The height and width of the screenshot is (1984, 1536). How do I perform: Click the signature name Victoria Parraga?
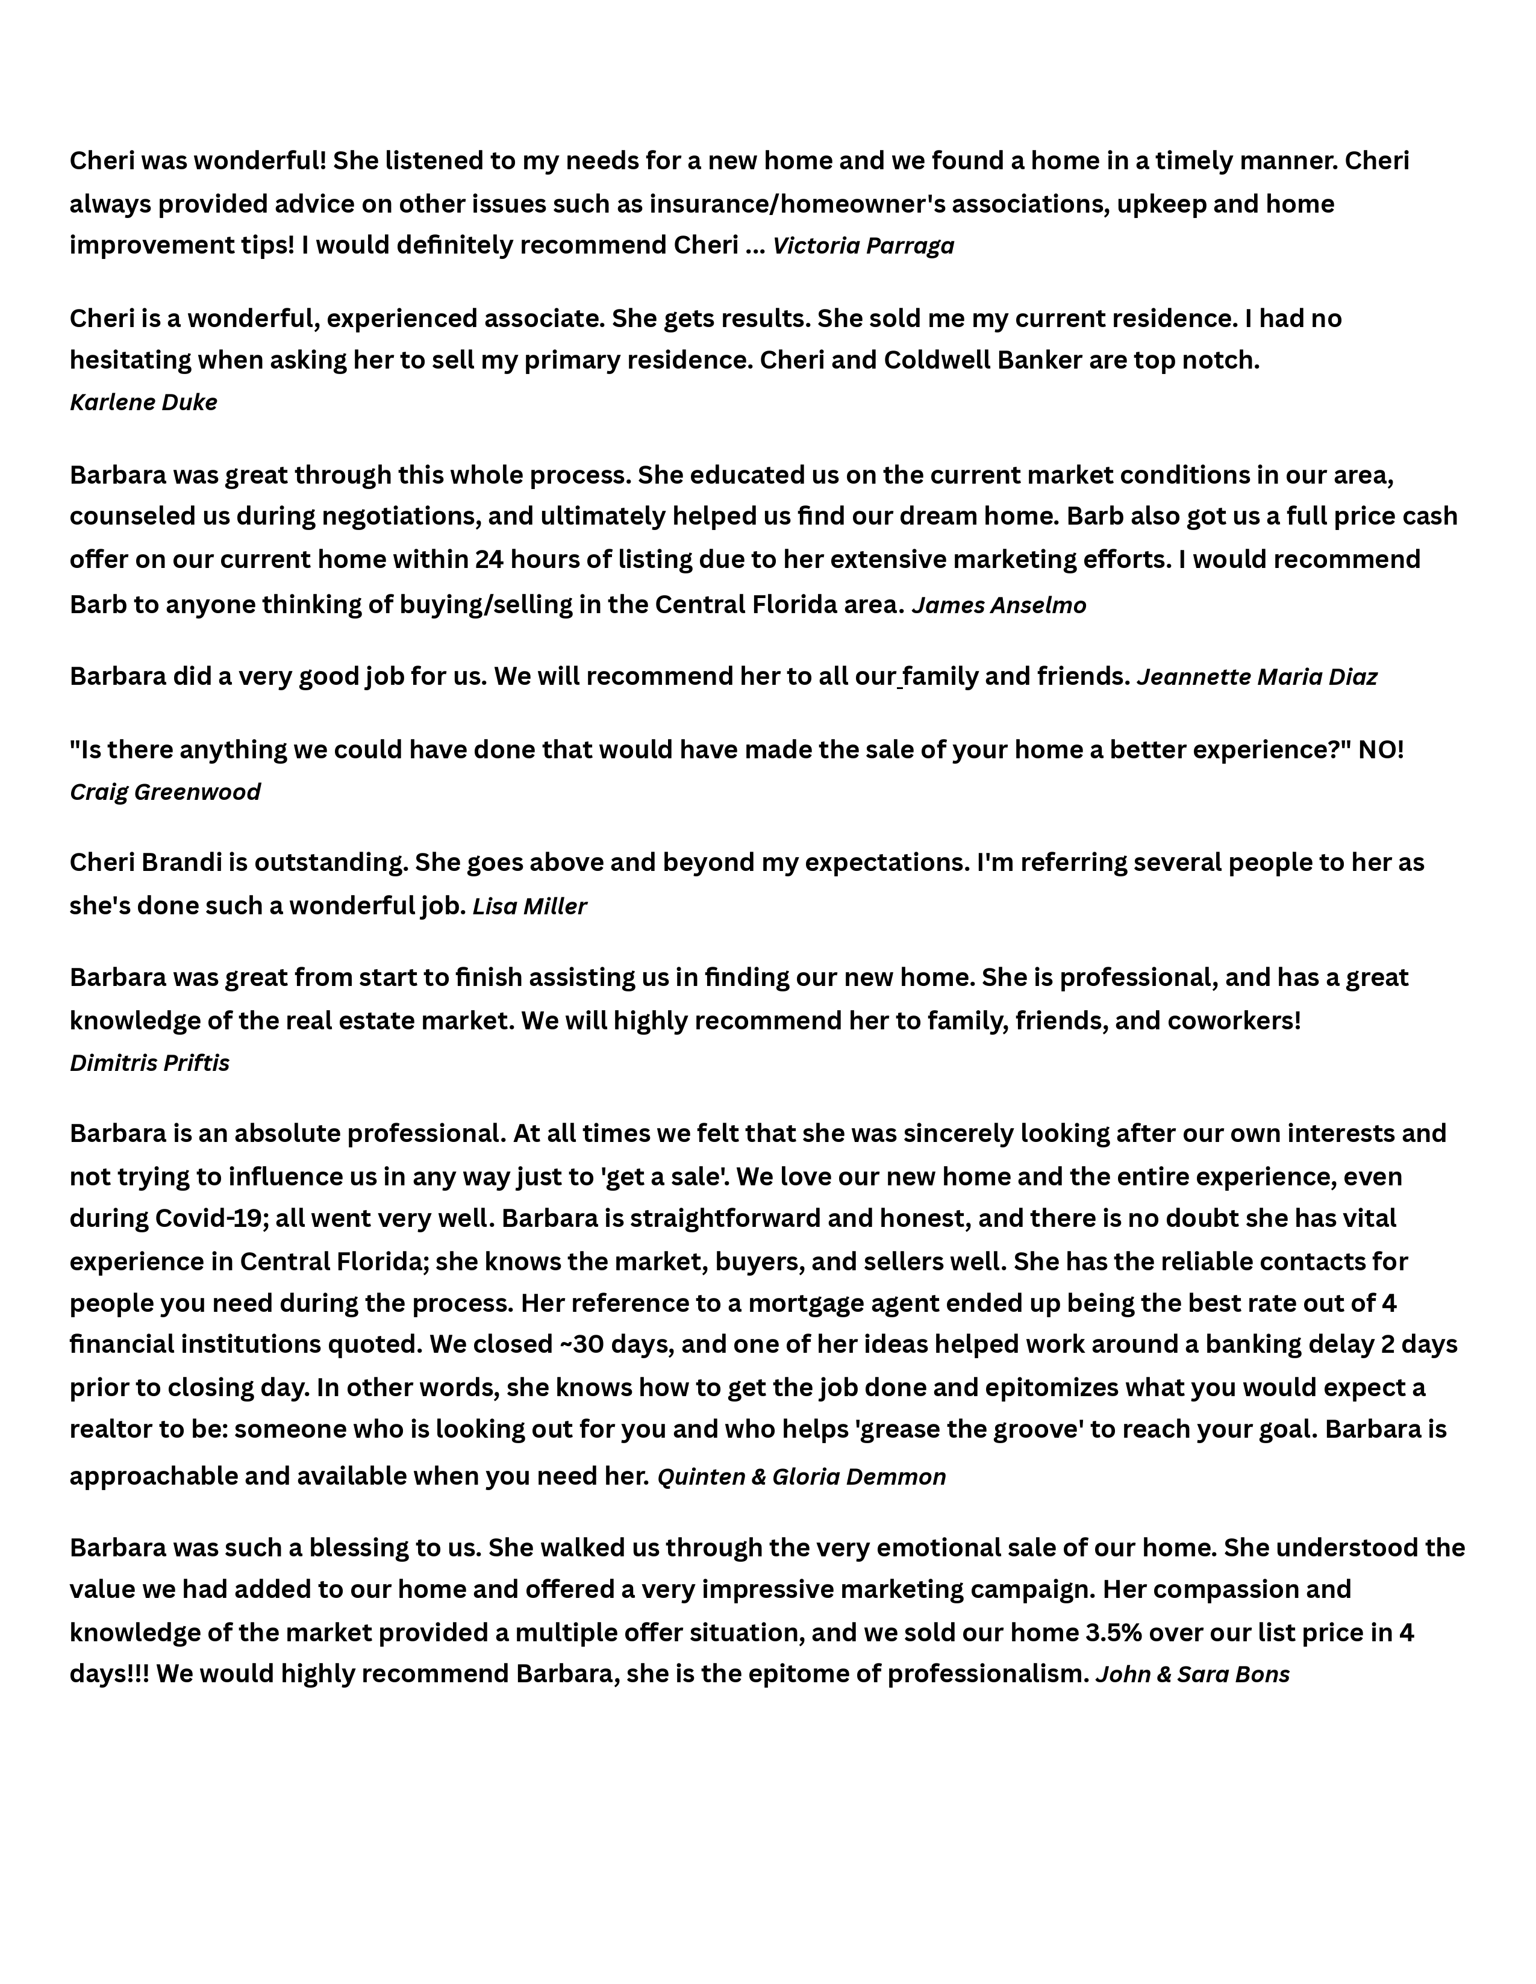coord(863,246)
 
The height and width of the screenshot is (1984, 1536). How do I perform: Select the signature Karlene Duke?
coord(143,402)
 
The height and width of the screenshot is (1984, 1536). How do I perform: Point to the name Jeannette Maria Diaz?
coord(1257,677)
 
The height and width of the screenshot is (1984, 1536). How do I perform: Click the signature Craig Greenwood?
coord(165,792)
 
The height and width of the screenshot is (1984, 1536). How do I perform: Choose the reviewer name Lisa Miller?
coord(529,906)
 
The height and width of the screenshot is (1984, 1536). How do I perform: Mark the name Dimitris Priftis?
coord(150,1063)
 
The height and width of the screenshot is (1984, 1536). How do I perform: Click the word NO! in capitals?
coord(1381,750)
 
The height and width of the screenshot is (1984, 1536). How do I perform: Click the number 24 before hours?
coord(489,560)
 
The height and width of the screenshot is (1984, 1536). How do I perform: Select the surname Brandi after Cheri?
coord(182,862)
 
